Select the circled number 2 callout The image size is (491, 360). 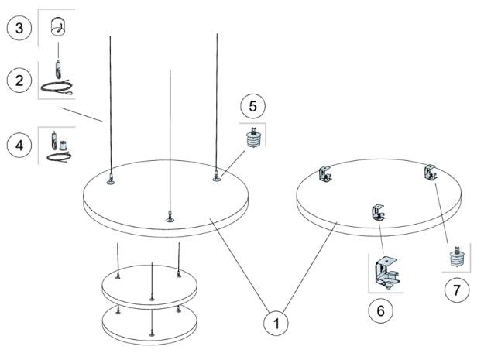pos(19,79)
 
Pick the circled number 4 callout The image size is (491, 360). pos(19,145)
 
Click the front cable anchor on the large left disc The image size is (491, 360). pos(168,217)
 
